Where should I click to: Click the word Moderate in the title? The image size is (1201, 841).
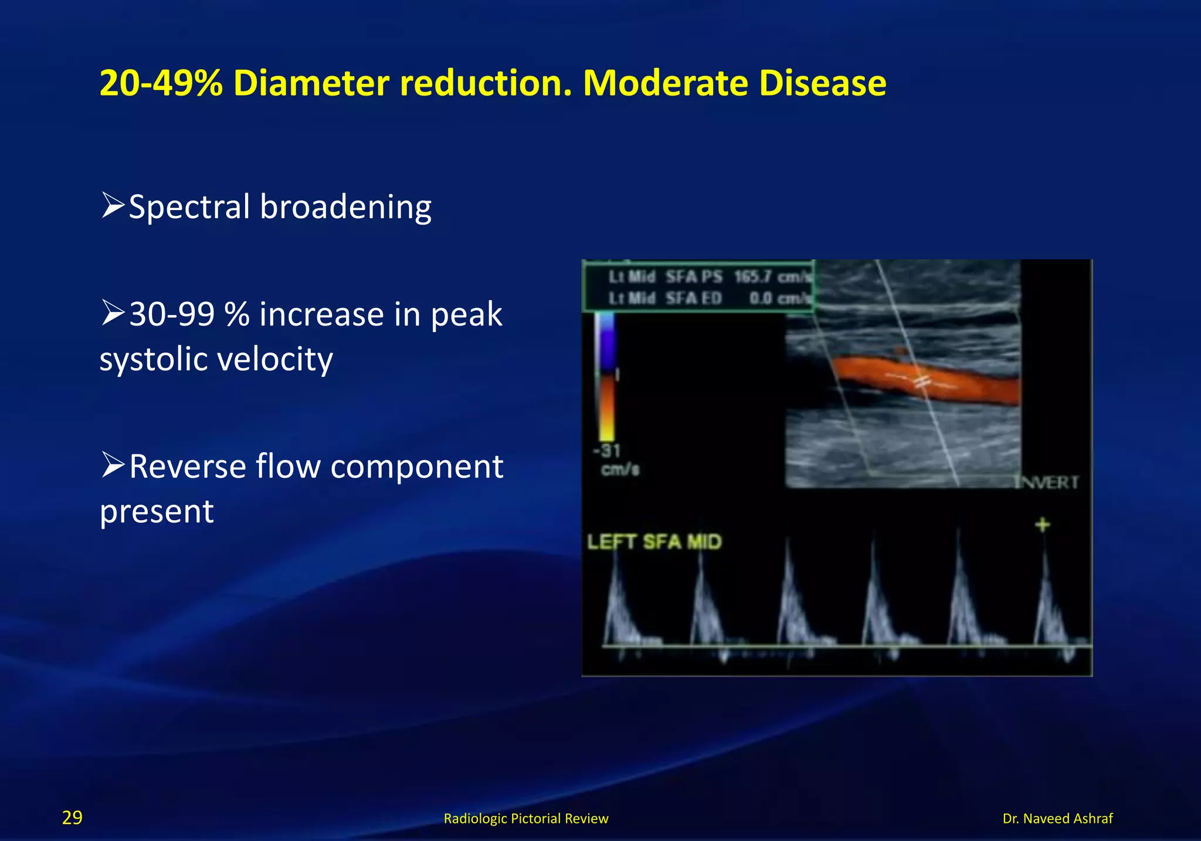(x=665, y=83)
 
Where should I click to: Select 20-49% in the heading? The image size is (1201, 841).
(x=161, y=83)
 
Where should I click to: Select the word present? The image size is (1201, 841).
(x=157, y=511)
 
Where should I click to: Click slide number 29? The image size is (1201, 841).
(x=72, y=818)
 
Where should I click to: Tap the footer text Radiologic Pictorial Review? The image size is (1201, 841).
(x=525, y=818)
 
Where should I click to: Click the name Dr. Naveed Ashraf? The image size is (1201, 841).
(x=1057, y=818)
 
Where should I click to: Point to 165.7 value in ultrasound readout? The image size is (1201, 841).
(x=752, y=277)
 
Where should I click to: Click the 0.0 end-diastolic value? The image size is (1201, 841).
(x=761, y=299)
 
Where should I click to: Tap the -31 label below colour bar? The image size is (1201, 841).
(x=606, y=451)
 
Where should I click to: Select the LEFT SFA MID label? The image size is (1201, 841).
(x=654, y=541)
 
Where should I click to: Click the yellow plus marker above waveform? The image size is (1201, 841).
(x=1042, y=524)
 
